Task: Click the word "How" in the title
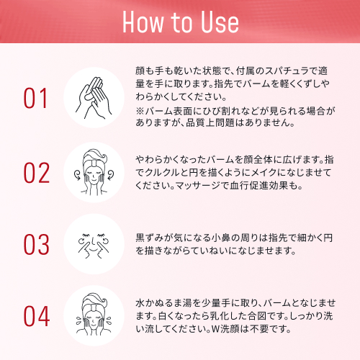143,22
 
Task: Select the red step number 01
35,98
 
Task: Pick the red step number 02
37,173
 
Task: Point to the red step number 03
37,244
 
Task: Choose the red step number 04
37,316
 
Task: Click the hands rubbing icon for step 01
94,98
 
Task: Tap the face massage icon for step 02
94,172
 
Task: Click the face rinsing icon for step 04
94,315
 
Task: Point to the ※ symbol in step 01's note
140,111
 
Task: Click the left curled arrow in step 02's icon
78,174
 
